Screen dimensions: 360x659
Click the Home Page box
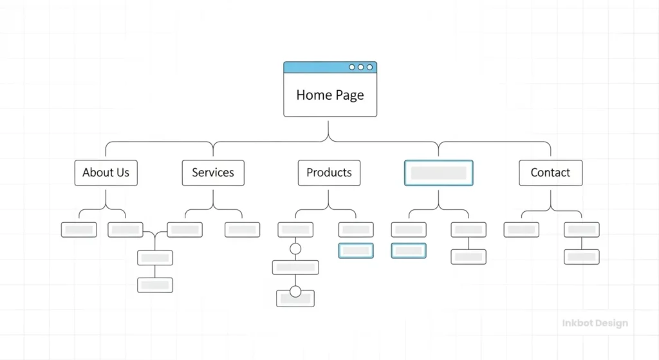[329, 95]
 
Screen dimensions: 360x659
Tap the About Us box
[106, 173]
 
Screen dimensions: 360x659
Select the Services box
[213, 173]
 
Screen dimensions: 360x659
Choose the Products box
[329, 173]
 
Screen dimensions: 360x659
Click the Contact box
[550, 173]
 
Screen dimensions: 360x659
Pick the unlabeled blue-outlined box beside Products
[438, 173]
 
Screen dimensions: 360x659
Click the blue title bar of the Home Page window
[315, 67]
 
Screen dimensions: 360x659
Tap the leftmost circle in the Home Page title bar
[352, 67]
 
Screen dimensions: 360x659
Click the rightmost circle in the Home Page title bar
[369, 67]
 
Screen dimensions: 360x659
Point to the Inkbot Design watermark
[594, 323]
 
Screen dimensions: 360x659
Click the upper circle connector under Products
[295, 249]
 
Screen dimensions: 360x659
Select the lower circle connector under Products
[295, 292]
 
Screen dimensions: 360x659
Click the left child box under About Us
[79, 229]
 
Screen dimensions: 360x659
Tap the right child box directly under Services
[242, 229]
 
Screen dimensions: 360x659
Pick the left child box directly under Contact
[521, 229]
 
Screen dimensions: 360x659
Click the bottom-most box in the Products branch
[295, 299]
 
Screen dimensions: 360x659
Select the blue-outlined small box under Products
[356, 251]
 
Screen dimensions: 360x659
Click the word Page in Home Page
[349, 95]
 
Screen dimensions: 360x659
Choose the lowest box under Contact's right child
[582, 256]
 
